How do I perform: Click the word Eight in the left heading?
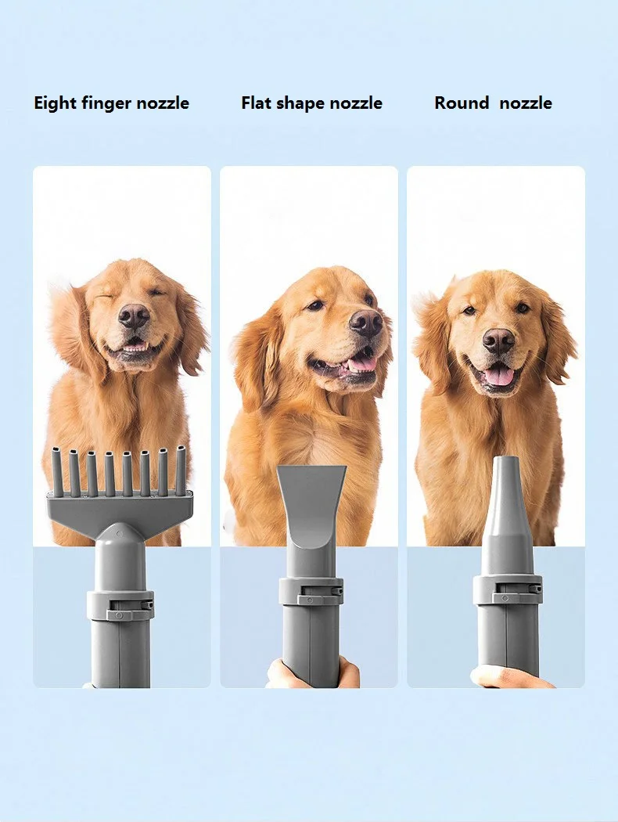point(56,103)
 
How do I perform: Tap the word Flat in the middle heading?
point(257,103)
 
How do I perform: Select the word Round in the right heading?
point(462,103)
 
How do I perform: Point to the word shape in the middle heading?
point(302,103)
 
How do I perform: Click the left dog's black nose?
point(134,315)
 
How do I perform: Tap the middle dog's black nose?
point(365,322)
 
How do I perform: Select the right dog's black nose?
point(498,339)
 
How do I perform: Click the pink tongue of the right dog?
point(498,376)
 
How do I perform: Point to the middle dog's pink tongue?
point(361,363)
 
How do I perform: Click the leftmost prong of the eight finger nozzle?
point(58,470)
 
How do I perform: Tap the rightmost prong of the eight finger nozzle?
point(181,470)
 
